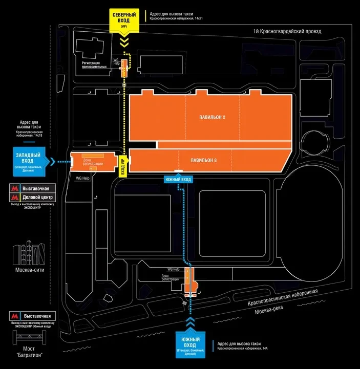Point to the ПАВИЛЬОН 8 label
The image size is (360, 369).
pos(204,160)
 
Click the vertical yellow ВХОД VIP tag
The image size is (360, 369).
pos(123,166)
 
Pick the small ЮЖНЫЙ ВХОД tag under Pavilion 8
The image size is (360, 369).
pos(178,180)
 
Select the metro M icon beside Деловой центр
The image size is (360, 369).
pos(14,197)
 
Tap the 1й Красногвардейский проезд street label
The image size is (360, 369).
pos(287,32)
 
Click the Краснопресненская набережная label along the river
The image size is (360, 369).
pos(283,297)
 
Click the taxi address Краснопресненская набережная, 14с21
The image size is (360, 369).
pos(177,18)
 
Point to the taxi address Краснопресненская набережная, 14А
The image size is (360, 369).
pos(243,348)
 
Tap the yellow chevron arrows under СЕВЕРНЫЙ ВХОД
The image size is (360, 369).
pos(123,40)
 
